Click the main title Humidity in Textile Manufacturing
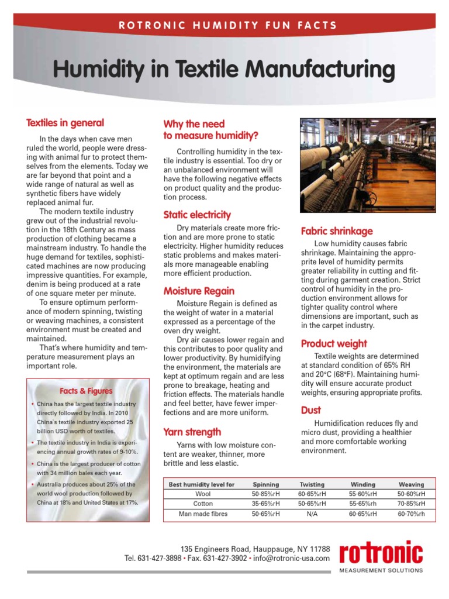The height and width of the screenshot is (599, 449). pos(224,70)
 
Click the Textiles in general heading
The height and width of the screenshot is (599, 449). pos(65,123)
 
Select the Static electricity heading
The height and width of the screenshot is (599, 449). pos(197,215)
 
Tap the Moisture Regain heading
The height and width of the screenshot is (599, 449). pos(199,291)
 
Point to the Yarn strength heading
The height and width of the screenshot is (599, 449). pos(192,432)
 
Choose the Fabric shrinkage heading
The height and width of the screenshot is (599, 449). pos(336,231)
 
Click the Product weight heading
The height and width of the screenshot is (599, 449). pos(334,343)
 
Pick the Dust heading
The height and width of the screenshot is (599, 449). pos(311,411)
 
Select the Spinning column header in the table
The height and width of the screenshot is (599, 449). pos(265,484)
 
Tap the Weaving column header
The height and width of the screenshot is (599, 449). pos(411,484)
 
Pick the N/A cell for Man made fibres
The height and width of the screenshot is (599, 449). pos(312,514)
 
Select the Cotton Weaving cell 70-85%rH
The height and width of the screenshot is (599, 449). pos(411,503)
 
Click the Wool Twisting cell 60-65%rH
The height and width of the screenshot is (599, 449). pos(312,494)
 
